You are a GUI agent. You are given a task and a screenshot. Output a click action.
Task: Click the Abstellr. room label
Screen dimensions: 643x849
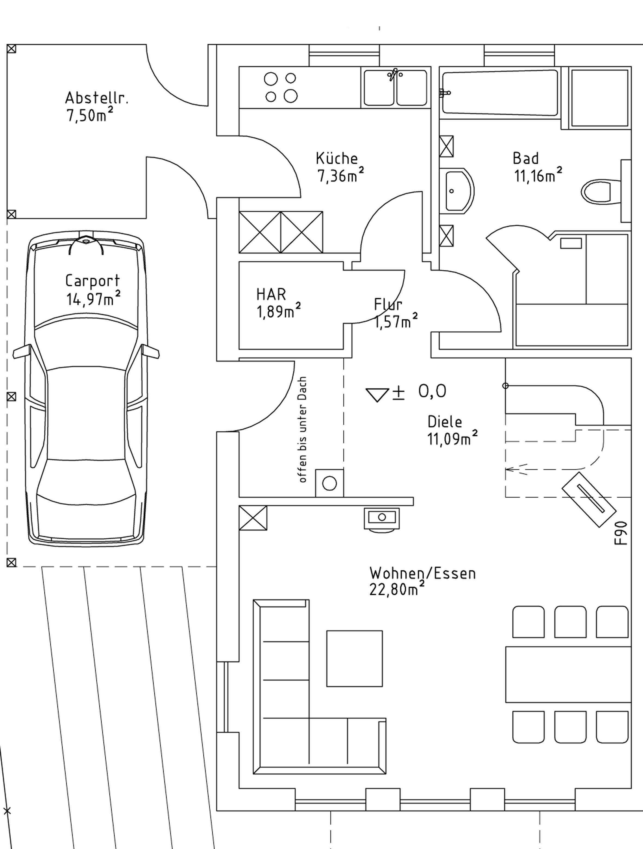(x=96, y=98)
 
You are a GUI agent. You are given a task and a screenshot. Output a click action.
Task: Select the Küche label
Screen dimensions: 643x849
(x=337, y=158)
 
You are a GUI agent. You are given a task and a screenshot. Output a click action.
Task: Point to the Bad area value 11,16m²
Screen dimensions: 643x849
(x=538, y=175)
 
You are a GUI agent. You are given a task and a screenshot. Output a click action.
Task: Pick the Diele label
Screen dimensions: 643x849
(x=445, y=422)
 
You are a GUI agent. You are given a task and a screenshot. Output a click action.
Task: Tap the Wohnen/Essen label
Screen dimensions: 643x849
(x=422, y=573)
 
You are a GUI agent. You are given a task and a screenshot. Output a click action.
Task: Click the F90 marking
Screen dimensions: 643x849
(x=621, y=533)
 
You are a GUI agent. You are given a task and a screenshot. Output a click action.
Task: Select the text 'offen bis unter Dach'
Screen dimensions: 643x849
(x=303, y=430)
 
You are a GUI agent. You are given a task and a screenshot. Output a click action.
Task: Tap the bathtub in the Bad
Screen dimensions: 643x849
(x=500, y=92)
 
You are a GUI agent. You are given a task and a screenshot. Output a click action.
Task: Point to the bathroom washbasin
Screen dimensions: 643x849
(x=458, y=191)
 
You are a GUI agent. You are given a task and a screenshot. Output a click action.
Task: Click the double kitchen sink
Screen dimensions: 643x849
(x=395, y=88)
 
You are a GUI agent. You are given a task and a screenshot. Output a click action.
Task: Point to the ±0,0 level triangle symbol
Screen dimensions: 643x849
(x=377, y=394)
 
